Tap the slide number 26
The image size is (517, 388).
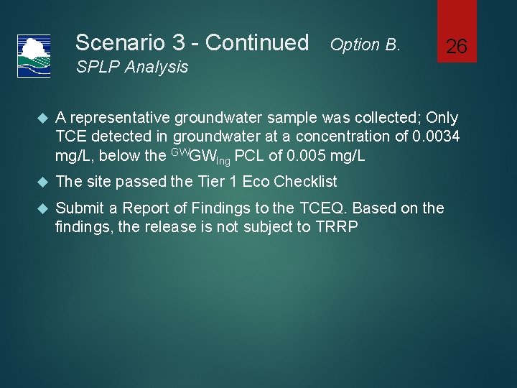(x=457, y=47)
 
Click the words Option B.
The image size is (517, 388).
(x=365, y=45)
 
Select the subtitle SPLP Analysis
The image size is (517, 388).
(x=132, y=68)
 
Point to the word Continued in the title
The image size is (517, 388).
(x=257, y=43)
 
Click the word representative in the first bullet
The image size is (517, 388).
(x=120, y=117)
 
